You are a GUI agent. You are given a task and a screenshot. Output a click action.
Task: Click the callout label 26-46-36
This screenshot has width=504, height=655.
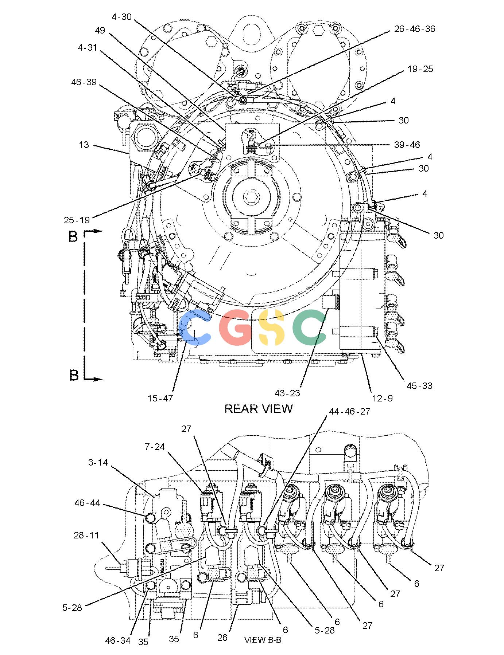[415, 29]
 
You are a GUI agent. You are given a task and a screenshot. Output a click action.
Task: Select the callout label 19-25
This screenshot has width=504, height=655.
[420, 69]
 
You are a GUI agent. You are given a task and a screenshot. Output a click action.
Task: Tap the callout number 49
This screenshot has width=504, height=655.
[100, 30]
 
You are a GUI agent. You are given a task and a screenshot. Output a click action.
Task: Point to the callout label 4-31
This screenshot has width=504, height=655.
[87, 47]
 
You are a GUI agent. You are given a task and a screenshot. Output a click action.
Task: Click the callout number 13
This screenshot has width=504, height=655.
[84, 145]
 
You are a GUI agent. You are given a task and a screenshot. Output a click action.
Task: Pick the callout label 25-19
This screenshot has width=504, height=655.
[77, 220]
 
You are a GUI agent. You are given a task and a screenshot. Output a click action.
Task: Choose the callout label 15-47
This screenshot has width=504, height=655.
[160, 398]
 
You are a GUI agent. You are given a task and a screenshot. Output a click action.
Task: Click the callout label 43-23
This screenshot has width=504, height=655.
[287, 393]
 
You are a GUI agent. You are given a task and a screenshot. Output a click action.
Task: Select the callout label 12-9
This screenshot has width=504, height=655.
[383, 398]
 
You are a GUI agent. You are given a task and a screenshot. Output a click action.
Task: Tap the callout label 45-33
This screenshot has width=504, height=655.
[419, 386]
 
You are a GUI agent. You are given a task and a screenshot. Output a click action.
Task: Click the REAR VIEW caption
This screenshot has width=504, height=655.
[258, 409]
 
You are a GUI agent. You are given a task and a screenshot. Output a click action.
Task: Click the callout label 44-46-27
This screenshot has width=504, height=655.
[349, 412]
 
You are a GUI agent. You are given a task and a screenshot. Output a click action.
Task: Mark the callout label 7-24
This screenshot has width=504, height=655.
[155, 447]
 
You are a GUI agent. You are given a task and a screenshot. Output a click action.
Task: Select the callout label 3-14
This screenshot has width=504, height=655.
[98, 463]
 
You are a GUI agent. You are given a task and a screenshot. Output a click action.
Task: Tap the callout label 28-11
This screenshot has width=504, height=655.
[86, 536]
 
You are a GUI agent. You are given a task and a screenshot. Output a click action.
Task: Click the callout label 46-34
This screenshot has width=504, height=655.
[118, 640]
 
